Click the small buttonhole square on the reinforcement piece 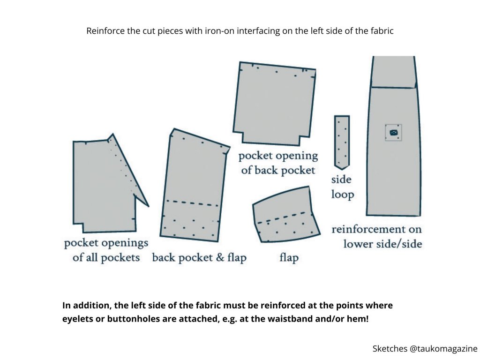pyautogui.click(x=393, y=133)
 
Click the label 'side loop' pyautogui.click(x=342, y=187)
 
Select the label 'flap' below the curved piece pyautogui.click(x=289, y=257)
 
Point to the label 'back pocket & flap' pyautogui.click(x=199, y=257)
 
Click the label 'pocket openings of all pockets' pyautogui.click(x=106, y=250)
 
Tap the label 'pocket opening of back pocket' pyautogui.click(x=278, y=163)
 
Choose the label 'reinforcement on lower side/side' pyautogui.click(x=377, y=236)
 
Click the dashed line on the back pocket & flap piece pyautogui.click(x=192, y=203)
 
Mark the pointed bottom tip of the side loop pyautogui.click(x=342, y=168)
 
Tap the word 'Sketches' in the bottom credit pyautogui.click(x=390, y=348)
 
